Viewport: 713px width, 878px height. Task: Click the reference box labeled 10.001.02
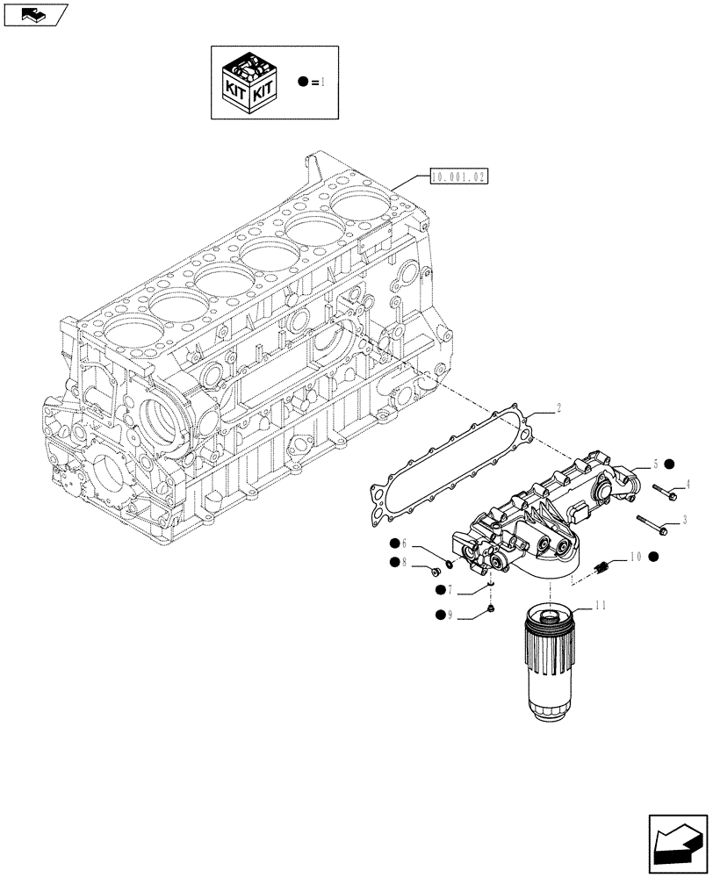click(x=458, y=176)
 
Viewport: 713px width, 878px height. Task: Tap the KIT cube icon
click(x=251, y=83)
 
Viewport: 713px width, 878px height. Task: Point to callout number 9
click(x=450, y=615)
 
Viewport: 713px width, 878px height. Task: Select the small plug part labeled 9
click(x=492, y=607)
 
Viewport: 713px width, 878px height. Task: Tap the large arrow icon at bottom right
click(x=678, y=841)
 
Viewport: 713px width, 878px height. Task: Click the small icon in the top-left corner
click(x=35, y=14)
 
